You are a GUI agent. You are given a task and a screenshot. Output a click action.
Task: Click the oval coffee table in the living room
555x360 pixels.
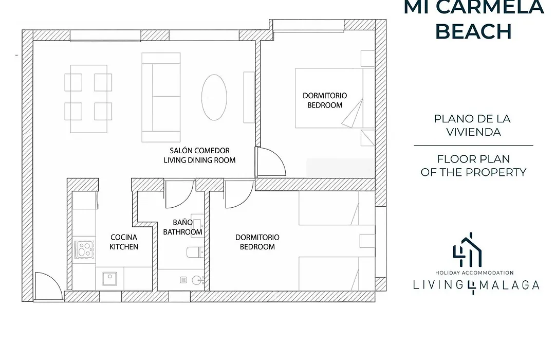(x=214, y=97)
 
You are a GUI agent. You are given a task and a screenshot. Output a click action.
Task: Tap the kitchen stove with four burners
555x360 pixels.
(x=85, y=249)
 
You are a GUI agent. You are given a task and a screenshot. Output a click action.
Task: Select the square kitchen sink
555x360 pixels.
(x=109, y=279)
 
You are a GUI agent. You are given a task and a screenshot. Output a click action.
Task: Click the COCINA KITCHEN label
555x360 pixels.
(x=124, y=242)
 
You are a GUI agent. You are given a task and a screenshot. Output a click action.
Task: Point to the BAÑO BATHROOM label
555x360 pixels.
(x=182, y=227)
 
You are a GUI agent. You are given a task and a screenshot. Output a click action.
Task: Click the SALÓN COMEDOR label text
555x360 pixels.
(x=199, y=151)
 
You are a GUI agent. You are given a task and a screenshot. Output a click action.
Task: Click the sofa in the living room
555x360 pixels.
(x=161, y=97)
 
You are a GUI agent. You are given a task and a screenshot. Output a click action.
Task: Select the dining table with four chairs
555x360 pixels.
(x=88, y=99)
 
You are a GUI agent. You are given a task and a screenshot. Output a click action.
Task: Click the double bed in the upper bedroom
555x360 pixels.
(x=335, y=98)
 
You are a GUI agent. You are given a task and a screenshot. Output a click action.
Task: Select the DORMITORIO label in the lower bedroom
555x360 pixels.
(x=257, y=238)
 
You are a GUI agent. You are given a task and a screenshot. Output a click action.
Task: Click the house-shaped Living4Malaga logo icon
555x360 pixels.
(x=468, y=250)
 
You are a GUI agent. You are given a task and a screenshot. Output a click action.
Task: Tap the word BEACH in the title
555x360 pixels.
(x=474, y=31)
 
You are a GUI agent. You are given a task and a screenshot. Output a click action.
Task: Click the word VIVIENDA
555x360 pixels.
(x=473, y=132)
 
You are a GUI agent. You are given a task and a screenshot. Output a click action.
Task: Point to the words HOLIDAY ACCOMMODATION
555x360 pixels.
(x=474, y=273)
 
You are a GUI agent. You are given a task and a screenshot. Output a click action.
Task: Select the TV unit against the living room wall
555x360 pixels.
(x=249, y=97)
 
